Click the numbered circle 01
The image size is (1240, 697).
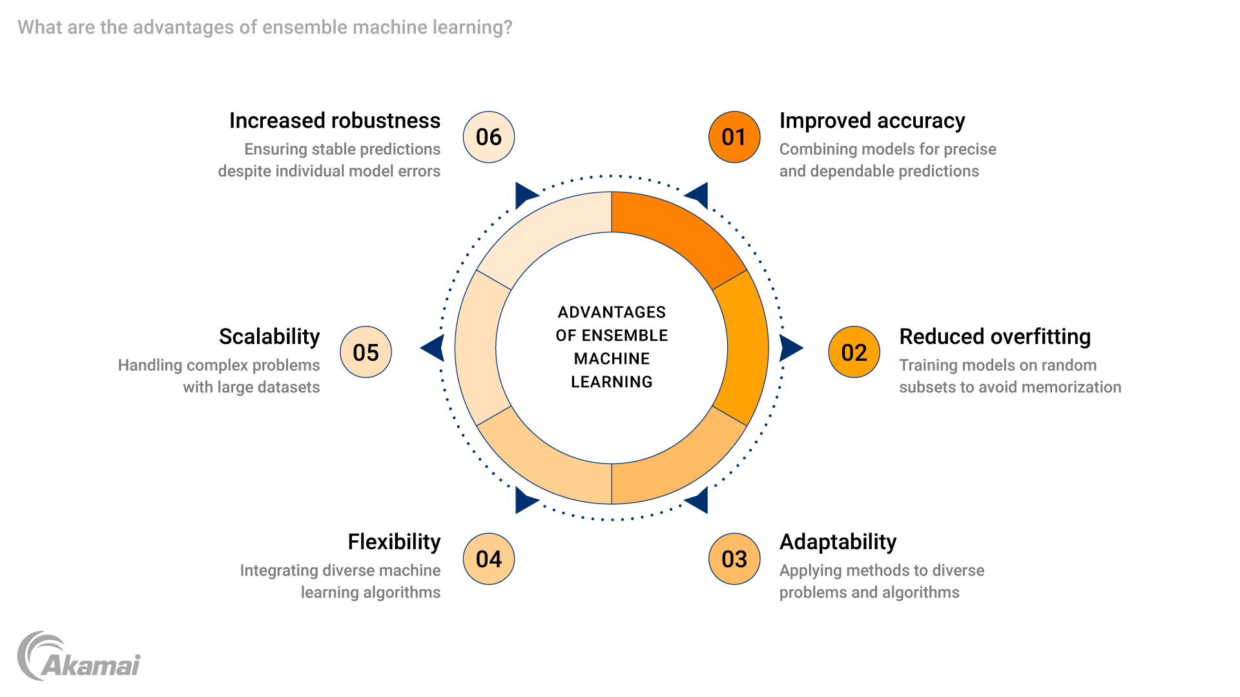click(734, 137)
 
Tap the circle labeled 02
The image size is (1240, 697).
click(854, 352)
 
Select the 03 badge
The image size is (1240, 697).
click(734, 559)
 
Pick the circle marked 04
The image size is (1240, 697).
click(489, 559)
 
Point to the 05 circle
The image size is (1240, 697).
click(366, 352)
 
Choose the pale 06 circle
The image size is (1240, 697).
click(489, 137)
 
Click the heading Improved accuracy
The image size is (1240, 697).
click(872, 121)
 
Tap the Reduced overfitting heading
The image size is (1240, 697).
click(995, 337)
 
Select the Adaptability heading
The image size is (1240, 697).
click(838, 542)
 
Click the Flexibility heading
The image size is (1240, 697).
click(394, 542)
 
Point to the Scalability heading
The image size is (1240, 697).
click(269, 337)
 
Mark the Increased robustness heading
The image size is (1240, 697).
click(335, 121)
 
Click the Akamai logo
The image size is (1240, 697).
click(79, 657)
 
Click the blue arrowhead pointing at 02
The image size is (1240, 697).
click(790, 348)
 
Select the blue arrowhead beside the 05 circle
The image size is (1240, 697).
click(433, 348)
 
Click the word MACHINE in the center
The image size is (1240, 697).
click(612, 359)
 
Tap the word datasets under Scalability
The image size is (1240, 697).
click(288, 387)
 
